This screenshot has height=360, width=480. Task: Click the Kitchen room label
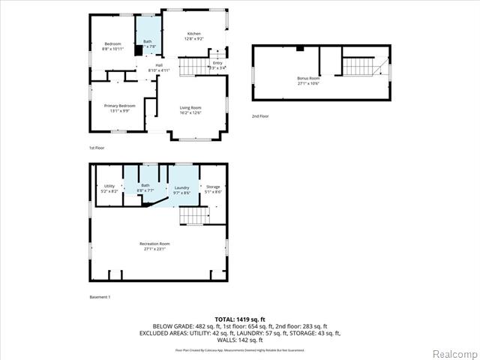click(194, 34)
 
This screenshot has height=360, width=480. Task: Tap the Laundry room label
click(181, 189)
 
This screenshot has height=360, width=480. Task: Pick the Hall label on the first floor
click(159, 66)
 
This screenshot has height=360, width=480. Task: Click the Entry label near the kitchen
click(217, 64)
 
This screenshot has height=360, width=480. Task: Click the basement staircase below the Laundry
click(193, 216)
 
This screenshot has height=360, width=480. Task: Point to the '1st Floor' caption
click(97, 148)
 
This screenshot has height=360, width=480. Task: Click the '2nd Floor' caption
click(260, 116)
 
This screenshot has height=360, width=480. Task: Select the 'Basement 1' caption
click(100, 298)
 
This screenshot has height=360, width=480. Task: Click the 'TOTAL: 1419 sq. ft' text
click(239, 319)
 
